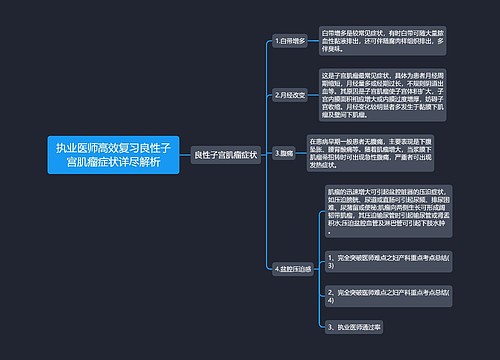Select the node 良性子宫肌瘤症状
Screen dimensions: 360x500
225,155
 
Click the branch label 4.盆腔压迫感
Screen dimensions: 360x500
293,268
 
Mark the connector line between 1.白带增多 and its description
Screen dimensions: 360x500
314,43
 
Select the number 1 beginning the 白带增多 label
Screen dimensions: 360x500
276,43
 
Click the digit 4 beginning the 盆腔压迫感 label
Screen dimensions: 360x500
276,268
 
